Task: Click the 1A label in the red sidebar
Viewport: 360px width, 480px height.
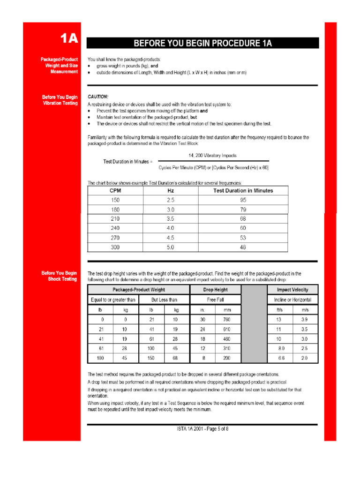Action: (68, 38)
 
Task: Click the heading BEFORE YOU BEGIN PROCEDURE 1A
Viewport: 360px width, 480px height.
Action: (202, 44)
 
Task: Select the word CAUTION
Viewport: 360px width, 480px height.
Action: (98, 96)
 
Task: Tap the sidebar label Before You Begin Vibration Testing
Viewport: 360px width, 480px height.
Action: (60, 100)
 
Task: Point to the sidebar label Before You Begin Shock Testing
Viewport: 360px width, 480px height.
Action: (59, 276)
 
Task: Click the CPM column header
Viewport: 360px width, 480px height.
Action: (115, 191)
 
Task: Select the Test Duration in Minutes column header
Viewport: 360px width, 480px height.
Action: (243, 191)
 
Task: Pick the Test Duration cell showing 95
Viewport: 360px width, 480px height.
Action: (243, 200)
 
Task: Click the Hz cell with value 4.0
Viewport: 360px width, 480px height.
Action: (171, 228)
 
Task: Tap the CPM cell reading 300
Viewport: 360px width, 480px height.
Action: (115, 247)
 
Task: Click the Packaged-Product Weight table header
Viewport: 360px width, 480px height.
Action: (138, 290)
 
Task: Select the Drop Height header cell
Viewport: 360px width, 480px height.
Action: (215, 290)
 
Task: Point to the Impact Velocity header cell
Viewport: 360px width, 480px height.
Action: (292, 290)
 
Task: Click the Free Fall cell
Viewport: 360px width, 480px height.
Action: (215, 300)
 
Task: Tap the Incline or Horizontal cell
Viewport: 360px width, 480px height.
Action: (292, 300)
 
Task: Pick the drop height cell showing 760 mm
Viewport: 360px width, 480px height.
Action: (227, 319)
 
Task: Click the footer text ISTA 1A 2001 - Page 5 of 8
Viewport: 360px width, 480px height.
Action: (202, 429)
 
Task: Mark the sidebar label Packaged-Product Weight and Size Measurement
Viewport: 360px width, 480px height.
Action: (59, 66)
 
